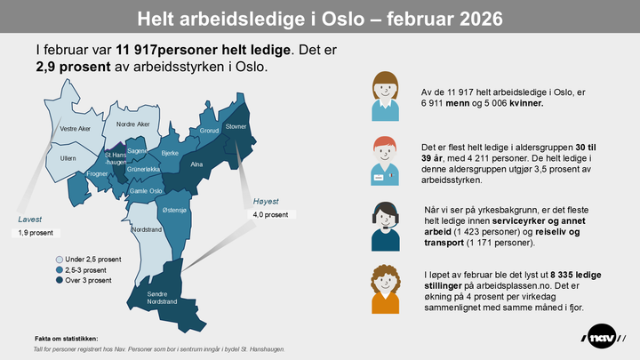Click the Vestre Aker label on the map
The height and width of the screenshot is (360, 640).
[x=75, y=129]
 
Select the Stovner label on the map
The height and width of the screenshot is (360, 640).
[x=236, y=127]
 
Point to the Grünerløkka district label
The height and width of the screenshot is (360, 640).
[x=142, y=169]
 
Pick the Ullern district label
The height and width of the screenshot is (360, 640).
[x=68, y=158]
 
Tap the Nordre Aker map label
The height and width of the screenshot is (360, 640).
[x=133, y=124]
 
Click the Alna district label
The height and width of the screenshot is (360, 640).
[x=197, y=165]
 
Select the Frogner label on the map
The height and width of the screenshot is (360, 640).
[x=99, y=174]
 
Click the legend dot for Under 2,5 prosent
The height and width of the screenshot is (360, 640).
[x=59, y=259]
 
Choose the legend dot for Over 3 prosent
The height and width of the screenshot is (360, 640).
[x=59, y=280]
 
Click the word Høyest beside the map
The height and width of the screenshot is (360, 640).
[x=267, y=201]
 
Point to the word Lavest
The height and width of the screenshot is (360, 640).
[x=29, y=219]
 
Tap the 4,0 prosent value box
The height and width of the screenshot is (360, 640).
[x=271, y=215]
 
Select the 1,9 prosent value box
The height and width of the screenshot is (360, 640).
[x=36, y=233]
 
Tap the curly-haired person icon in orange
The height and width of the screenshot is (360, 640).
[x=384, y=289]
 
